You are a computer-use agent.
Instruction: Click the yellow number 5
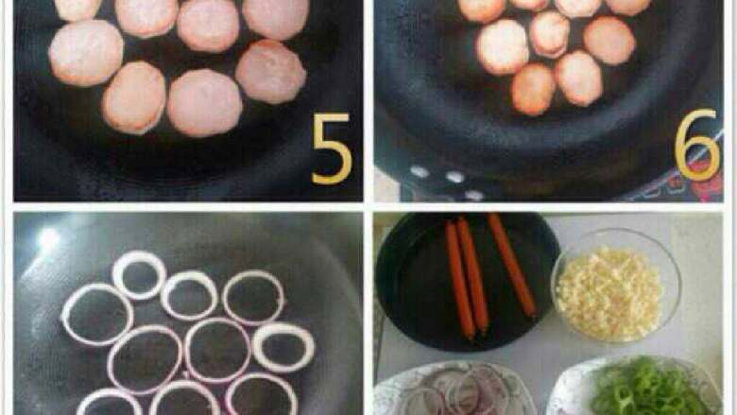[332, 148]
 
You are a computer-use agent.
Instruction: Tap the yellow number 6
[697, 145]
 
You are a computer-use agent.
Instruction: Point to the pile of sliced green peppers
[648, 387]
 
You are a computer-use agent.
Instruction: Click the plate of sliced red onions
[454, 389]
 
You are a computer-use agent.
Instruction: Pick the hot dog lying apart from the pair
[511, 265]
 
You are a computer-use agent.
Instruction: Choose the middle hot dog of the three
[473, 275]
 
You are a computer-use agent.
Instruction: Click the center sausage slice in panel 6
[550, 34]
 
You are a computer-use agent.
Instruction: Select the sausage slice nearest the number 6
[609, 41]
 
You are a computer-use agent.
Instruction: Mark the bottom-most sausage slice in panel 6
[533, 89]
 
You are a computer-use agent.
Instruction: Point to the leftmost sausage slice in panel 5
[86, 53]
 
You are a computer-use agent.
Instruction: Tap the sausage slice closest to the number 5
[271, 72]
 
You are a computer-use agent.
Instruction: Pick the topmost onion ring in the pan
[140, 275]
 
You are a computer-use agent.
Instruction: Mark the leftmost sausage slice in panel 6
[502, 47]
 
